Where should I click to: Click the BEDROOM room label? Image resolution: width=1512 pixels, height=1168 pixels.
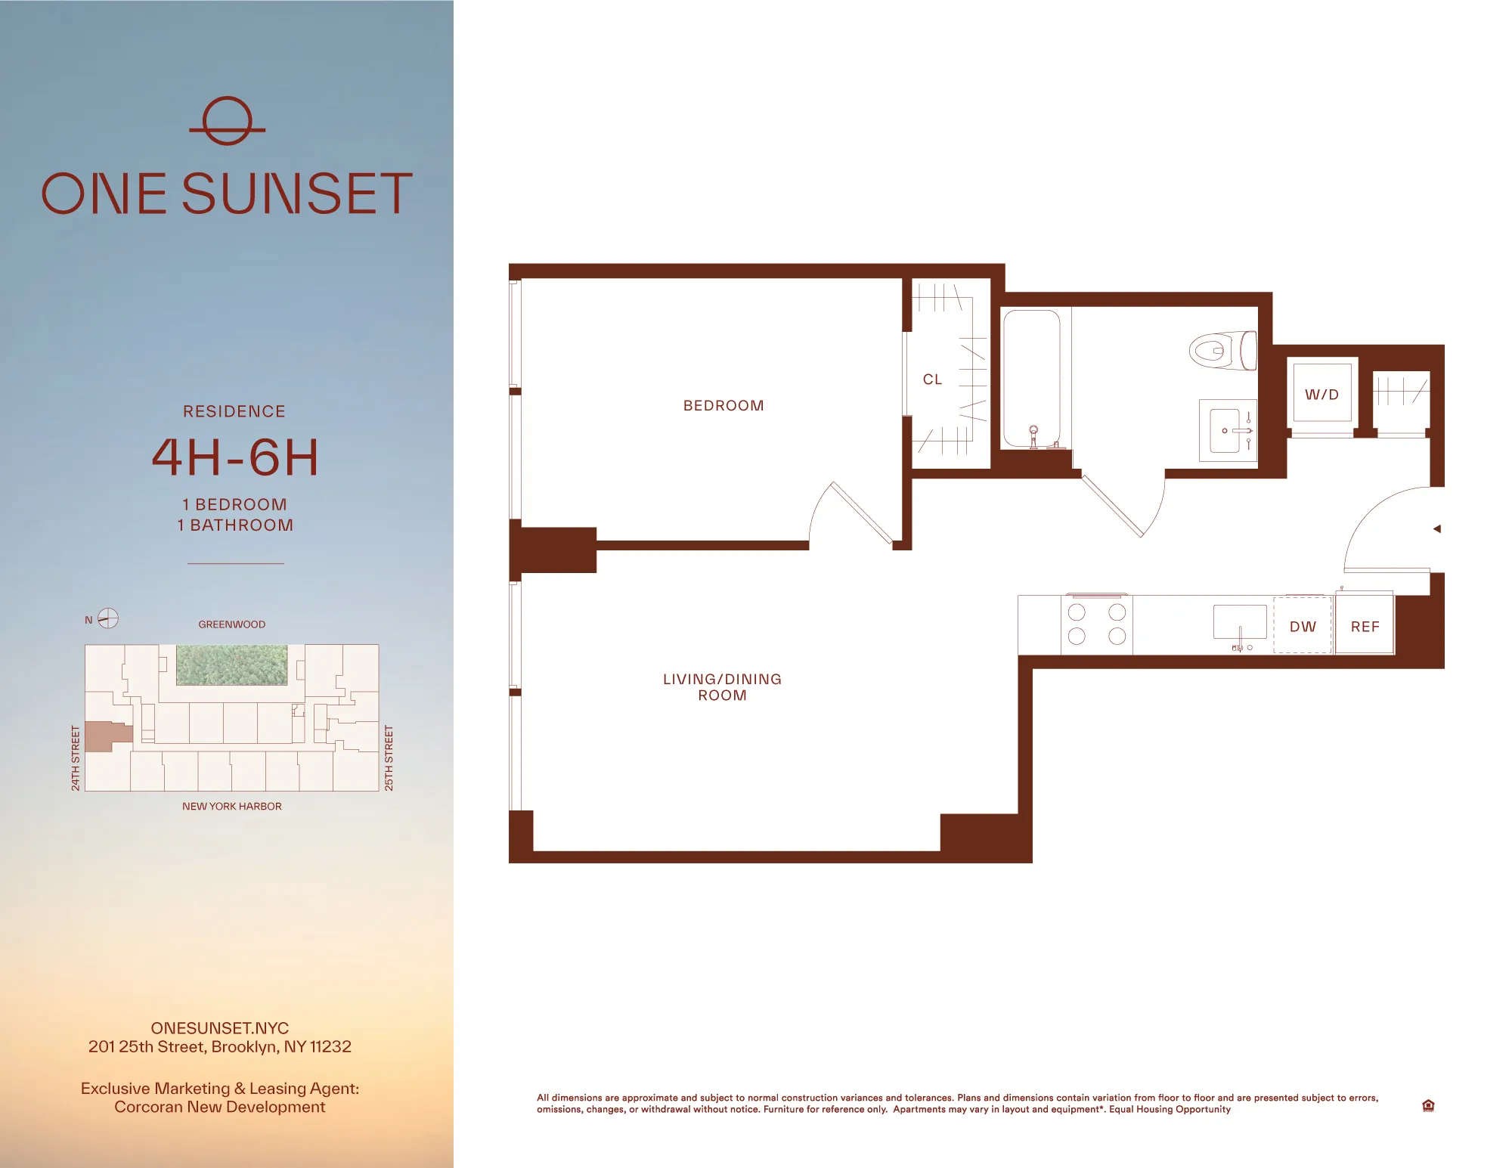click(x=723, y=406)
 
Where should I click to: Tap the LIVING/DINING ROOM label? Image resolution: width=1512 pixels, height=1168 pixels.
click(x=722, y=687)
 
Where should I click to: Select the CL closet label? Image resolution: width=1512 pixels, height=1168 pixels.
click(x=932, y=380)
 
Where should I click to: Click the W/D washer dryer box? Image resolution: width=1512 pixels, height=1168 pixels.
click(x=1321, y=393)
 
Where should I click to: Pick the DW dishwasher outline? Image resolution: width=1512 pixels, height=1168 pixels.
click(x=1302, y=626)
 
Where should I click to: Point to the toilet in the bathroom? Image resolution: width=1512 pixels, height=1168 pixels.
click(x=1221, y=352)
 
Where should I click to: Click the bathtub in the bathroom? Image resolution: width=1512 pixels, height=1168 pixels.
click(x=1031, y=378)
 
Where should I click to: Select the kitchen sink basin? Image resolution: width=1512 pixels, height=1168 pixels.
click(x=1239, y=621)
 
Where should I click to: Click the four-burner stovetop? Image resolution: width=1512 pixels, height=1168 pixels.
click(x=1096, y=624)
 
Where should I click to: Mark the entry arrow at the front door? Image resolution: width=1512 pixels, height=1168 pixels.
click(x=1437, y=529)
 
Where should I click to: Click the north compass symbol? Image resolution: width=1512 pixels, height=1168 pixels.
click(x=108, y=618)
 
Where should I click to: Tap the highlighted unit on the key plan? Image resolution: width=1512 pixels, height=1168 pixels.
click(x=106, y=736)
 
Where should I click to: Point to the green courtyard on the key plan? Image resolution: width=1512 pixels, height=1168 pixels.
click(x=231, y=665)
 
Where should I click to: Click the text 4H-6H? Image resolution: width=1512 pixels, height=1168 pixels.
click(x=235, y=457)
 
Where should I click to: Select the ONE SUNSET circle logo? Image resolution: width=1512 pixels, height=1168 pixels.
click(x=227, y=121)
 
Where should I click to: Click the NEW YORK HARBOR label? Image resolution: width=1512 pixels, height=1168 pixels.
click(x=231, y=807)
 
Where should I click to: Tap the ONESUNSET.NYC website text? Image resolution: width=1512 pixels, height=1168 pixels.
click(x=220, y=1028)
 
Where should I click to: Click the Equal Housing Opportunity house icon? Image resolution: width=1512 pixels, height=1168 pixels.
click(x=1428, y=1105)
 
